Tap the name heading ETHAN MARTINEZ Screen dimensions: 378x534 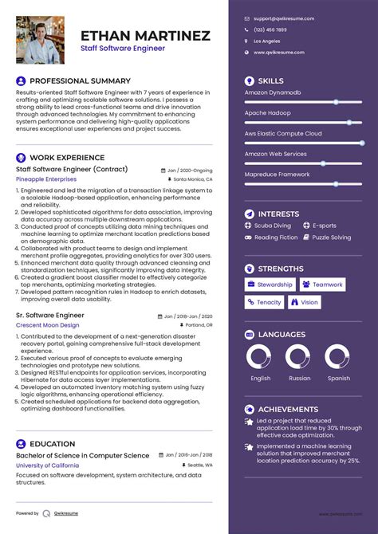145,36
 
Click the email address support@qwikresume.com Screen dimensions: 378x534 283,18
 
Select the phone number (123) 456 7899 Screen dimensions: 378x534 272,29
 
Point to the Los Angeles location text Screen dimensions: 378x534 266,40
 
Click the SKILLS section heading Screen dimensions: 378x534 270,81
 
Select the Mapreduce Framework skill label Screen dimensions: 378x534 277,174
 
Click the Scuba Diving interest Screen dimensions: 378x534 273,226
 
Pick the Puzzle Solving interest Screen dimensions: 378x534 331,238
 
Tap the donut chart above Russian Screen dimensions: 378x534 298,358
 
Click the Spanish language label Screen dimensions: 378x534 338,379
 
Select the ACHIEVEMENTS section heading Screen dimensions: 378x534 288,409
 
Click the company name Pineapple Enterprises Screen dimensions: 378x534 47,180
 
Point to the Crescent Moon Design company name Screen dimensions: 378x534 47,325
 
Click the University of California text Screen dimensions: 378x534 47,465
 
